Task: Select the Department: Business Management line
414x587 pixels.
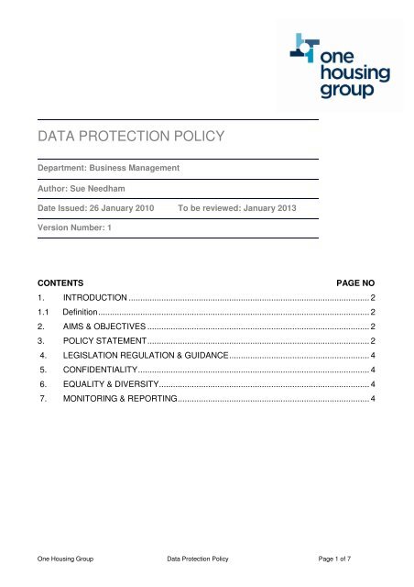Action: (x=114, y=169)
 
